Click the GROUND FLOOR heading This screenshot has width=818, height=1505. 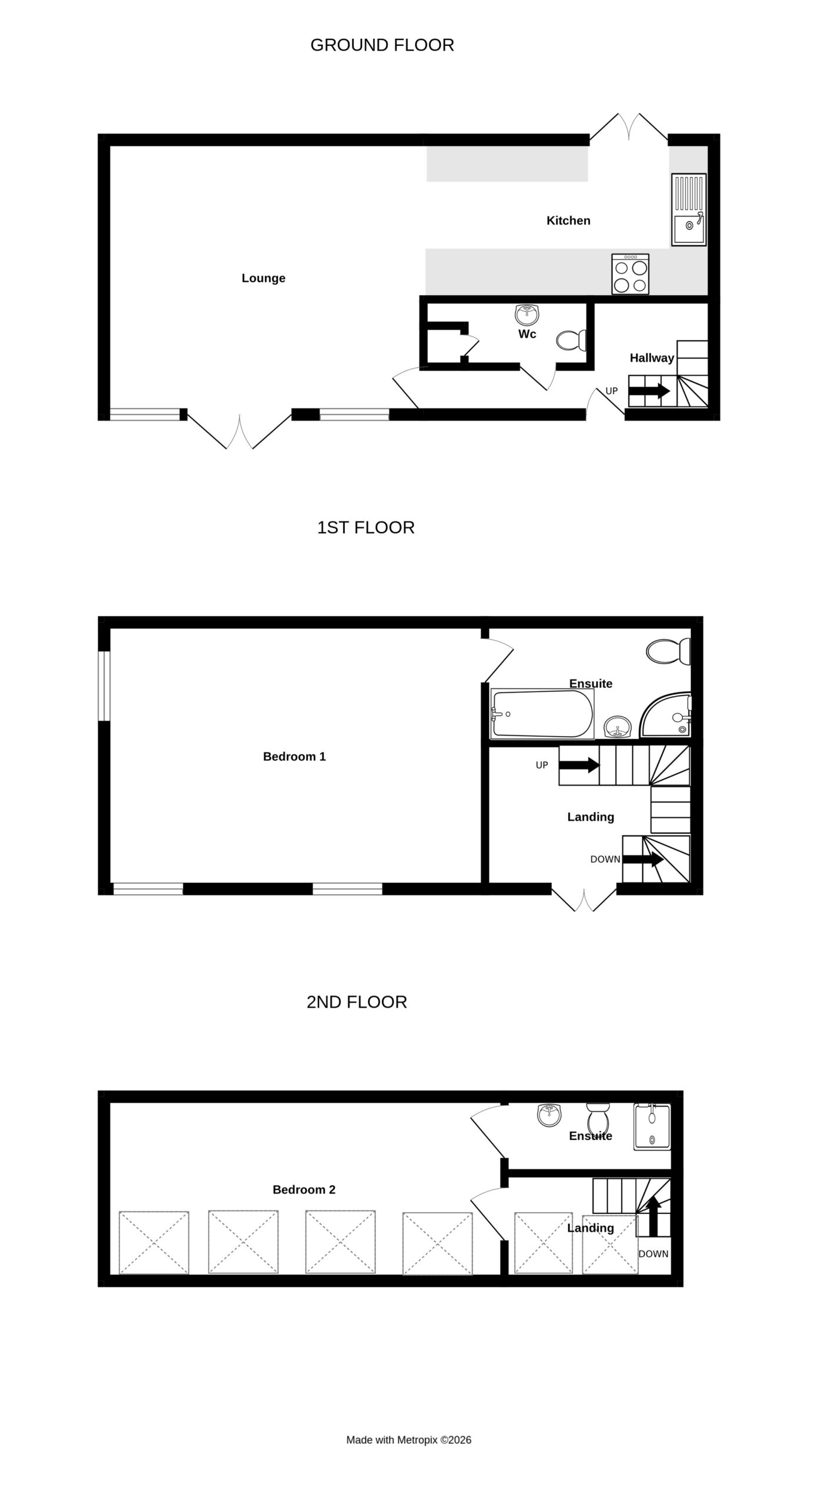pyautogui.click(x=382, y=45)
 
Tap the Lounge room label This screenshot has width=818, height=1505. pyautogui.click(x=263, y=278)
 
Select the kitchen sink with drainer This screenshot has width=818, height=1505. pyautogui.click(x=689, y=209)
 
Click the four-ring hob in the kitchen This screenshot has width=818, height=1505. pyautogui.click(x=631, y=274)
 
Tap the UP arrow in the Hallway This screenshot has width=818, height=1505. pyautogui.click(x=649, y=390)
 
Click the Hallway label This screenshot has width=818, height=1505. pyautogui.click(x=652, y=357)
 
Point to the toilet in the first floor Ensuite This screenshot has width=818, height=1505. pyautogui.click(x=668, y=651)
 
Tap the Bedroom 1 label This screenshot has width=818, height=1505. pyautogui.click(x=294, y=757)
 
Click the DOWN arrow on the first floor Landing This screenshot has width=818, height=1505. pyautogui.click(x=643, y=859)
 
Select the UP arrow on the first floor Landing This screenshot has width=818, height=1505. pyautogui.click(x=579, y=765)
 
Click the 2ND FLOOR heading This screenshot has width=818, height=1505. pyautogui.click(x=357, y=1002)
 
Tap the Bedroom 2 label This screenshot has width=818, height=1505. pyautogui.click(x=304, y=1190)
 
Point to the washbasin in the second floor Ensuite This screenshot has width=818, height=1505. pyautogui.click(x=549, y=1115)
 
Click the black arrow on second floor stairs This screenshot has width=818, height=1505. pyautogui.click(x=653, y=1216)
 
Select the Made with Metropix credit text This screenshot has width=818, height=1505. pyautogui.click(x=408, y=1440)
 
